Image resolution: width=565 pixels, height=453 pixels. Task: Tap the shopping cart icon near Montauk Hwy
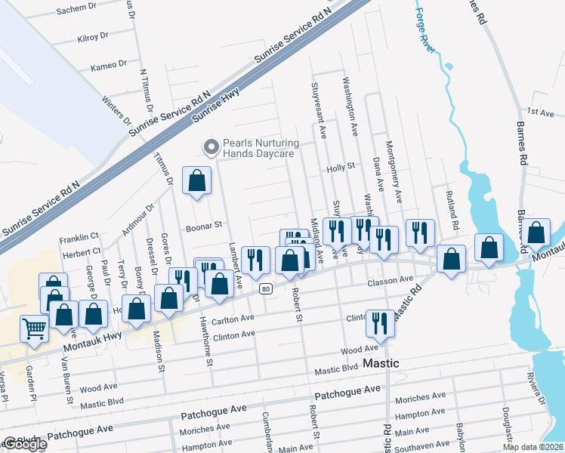(35, 329)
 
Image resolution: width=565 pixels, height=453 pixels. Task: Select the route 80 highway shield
(264, 288)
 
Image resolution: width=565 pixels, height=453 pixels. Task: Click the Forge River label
(425, 30)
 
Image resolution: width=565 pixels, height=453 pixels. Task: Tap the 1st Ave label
(541, 112)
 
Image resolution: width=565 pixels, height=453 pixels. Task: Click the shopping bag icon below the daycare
(196, 181)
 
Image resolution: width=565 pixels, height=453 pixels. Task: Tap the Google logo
(24, 445)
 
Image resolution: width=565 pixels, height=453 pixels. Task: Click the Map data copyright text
(533, 447)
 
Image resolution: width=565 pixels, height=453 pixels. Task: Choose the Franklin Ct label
(80, 236)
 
